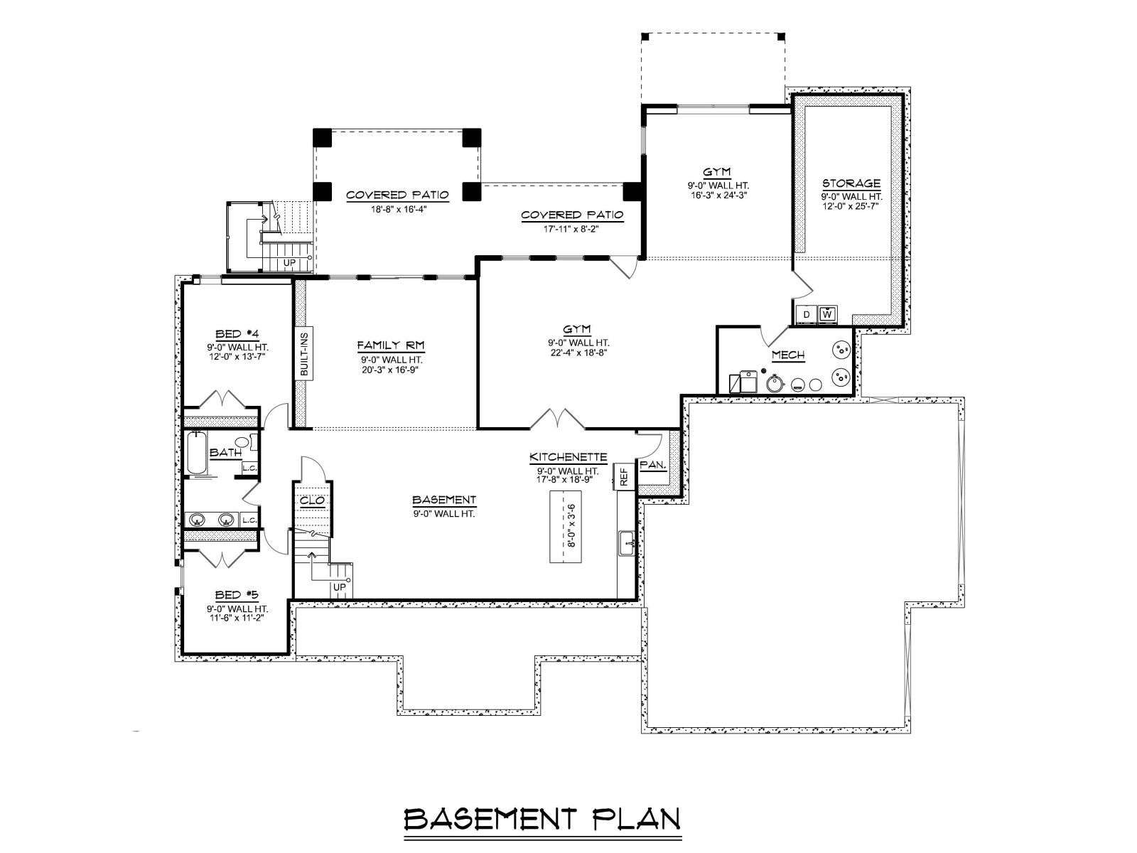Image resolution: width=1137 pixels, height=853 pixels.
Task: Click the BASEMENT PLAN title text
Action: [x=541, y=820]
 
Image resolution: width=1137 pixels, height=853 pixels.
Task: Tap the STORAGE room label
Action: [x=851, y=183]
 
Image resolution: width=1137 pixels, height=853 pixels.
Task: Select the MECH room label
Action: [x=788, y=355]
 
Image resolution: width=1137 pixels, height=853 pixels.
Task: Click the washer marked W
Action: [x=827, y=314]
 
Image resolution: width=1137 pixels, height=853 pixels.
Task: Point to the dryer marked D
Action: [x=807, y=314]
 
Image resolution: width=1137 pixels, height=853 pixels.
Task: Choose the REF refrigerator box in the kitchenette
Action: [x=624, y=476]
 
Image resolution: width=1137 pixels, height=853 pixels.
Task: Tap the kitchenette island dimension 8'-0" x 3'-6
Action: [x=572, y=526]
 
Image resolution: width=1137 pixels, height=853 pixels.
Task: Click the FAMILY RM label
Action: [x=391, y=345]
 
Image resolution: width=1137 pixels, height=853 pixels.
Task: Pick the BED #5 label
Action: [x=236, y=595]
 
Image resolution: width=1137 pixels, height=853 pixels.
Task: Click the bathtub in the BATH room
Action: [x=196, y=454]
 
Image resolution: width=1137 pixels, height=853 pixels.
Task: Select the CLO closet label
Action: [x=313, y=501]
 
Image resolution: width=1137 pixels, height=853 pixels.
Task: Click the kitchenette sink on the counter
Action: [x=627, y=544]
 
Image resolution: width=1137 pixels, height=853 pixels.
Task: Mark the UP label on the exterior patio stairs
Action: [x=289, y=263]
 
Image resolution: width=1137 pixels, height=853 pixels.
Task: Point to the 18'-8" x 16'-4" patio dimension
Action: [x=399, y=210]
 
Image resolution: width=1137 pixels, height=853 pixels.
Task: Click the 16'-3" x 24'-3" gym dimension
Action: [x=718, y=195]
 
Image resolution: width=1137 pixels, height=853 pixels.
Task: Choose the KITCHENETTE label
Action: [x=568, y=457]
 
